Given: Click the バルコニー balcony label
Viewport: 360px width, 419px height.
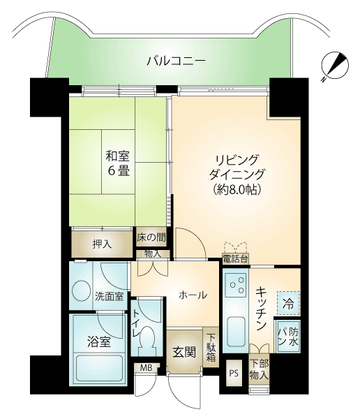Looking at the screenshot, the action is point(177,61).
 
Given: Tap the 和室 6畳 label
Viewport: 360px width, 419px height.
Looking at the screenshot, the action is point(118,163).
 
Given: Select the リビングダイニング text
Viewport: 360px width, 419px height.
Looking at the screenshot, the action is point(237,168).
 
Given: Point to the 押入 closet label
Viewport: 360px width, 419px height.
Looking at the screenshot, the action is point(102,244).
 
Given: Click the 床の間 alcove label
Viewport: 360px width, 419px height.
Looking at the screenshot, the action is point(151,237).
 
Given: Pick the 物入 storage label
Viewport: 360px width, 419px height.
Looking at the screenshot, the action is point(153,254).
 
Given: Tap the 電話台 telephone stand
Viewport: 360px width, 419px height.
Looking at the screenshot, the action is point(235,258).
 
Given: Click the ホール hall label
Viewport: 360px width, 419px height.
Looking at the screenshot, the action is point(193,295).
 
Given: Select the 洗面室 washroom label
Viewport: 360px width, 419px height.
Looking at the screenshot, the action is point(110,296).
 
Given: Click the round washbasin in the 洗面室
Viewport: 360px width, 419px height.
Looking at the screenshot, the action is point(82,291).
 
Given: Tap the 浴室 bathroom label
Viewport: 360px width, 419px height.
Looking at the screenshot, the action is point(99,341).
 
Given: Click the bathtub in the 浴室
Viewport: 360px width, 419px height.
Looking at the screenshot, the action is point(99,369).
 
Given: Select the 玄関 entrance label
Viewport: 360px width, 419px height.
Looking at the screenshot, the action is point(184,352).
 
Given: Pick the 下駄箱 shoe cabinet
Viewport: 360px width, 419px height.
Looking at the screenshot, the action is point(211,348).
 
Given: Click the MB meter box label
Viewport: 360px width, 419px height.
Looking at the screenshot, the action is point(147,368).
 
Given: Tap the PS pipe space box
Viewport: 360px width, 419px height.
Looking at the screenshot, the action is point(234,373).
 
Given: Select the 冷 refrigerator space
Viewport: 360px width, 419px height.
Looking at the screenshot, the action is point(289,303).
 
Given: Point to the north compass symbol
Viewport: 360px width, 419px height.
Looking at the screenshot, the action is point(335,66).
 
